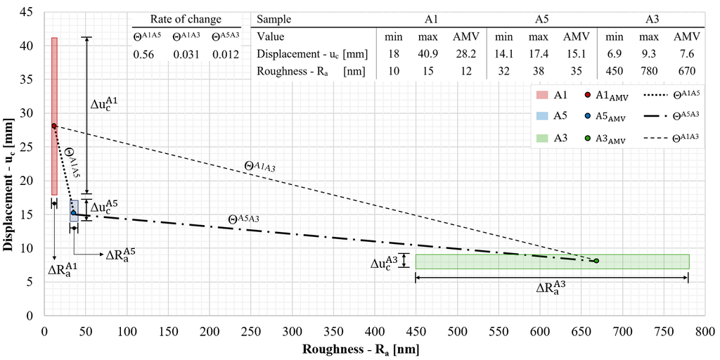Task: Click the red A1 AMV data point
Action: [x=53, y=126]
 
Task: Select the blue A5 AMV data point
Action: [x=73, y=213]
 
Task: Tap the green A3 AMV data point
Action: [x=596, y=261]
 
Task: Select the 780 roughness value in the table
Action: [x=650, y=70]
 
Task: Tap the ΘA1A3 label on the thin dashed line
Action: [x=259, y=167]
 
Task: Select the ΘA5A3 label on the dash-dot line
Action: [x=244, y=219]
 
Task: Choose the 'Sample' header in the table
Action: [x=274, y=20]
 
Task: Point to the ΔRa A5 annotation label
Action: [x=120, y=255]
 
